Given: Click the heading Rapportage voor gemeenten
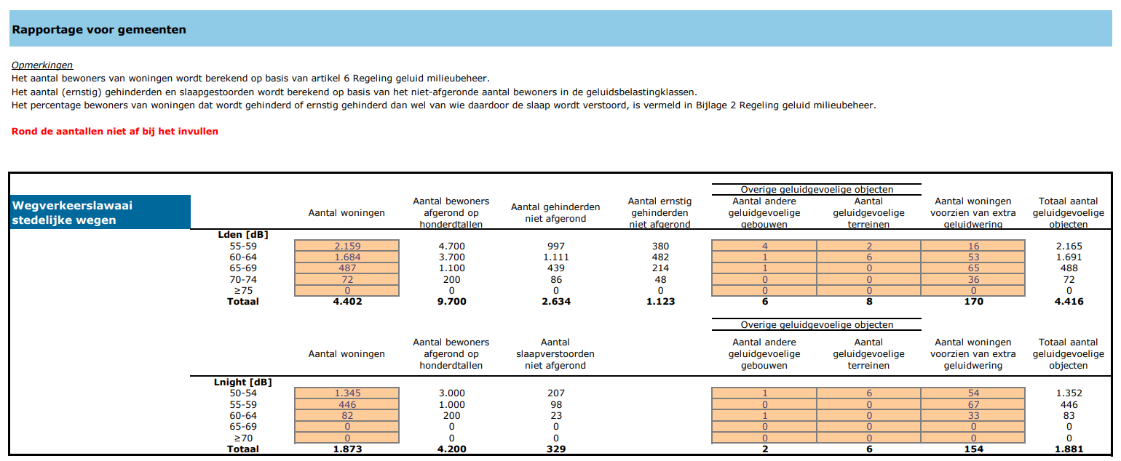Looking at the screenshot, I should tap(99, 30).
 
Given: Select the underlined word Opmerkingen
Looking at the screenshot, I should tap(42, 65).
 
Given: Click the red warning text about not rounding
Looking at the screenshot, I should tap(115, 132).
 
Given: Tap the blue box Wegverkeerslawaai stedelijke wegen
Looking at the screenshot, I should tap(100, 212).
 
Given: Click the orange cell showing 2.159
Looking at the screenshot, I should tap(347, 246).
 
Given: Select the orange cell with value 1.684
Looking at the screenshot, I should tap(347, 257).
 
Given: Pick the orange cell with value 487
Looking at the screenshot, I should tap(347, 268).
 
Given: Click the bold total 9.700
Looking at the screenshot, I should tap(451, 301).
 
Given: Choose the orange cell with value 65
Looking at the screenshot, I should tap(973, 268).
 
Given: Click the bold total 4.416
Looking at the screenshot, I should tap(1069, 301).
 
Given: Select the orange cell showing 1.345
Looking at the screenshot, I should tap(347, 393).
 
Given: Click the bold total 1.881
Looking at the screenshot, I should tap(1069, 449).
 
